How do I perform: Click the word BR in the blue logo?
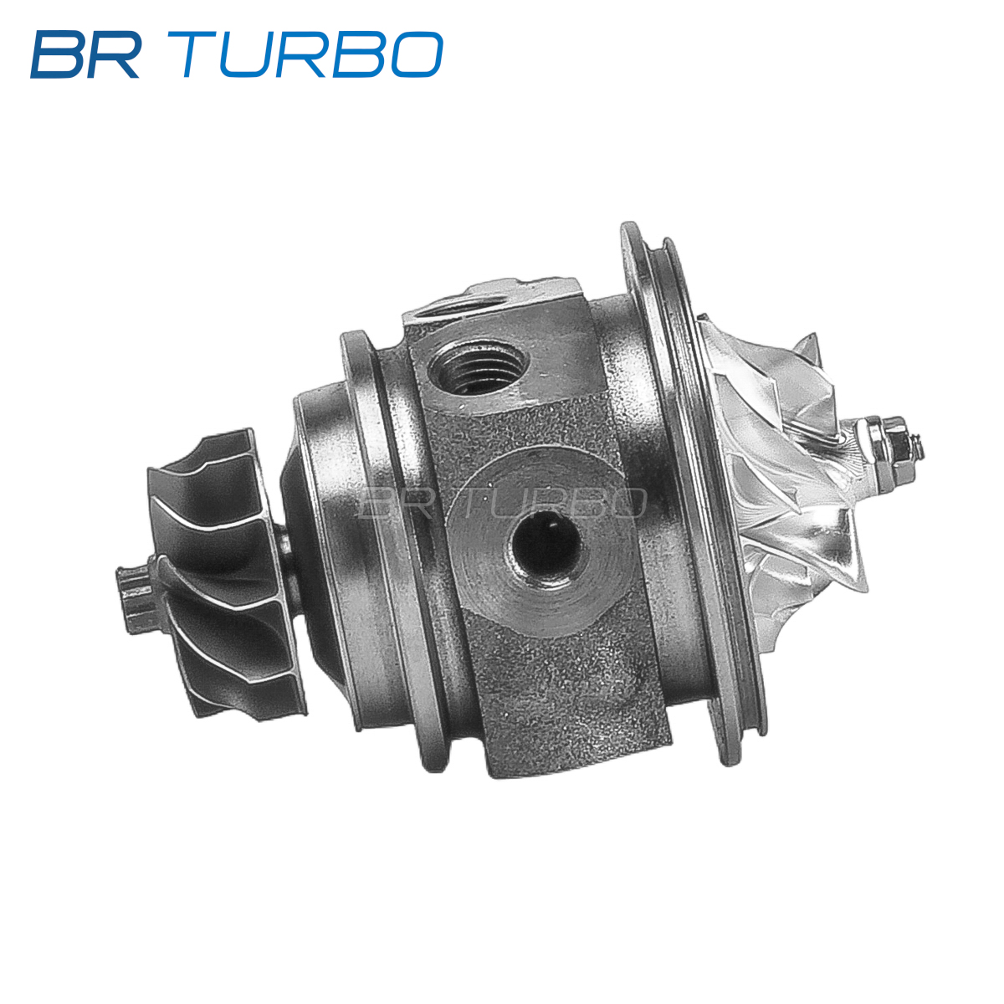pyautogui.click(x=85, y=54)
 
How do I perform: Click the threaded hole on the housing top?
pyautogui.click(x=479, y=366)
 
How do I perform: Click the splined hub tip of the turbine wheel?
pyautogui.click(x=135, y=599)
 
